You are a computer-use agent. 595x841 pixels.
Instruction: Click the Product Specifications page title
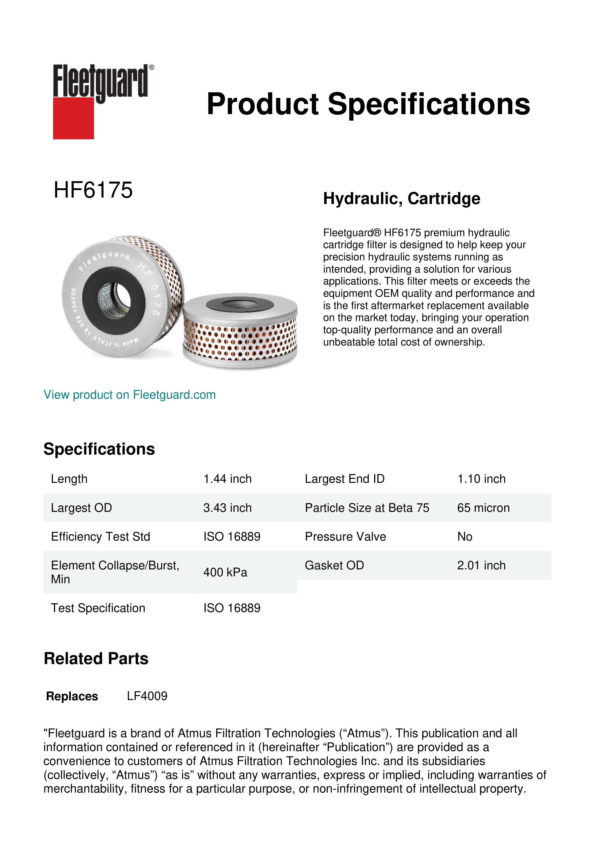click(368, 104)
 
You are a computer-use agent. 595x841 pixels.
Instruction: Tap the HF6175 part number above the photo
click(93, 190)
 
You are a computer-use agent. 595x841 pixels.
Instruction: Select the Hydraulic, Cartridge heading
click(401, 199)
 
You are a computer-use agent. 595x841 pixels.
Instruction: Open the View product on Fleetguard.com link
click(129, 395)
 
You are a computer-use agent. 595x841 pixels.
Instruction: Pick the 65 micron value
click(483, 508)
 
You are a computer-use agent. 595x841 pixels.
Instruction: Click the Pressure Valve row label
click(345, 537)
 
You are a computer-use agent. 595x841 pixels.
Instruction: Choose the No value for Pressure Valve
click(465, 537)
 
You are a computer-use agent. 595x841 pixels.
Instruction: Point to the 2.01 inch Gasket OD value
click(481, 565)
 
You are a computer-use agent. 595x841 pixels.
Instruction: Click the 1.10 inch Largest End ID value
click(481, 479)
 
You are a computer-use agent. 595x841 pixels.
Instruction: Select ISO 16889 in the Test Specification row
click(232, 608)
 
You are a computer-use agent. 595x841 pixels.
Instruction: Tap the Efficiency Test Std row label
click(100, 537)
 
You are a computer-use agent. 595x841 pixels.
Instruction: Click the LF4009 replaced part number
click(147, 696)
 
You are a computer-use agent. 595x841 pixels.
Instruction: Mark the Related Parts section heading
click(96, 659)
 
